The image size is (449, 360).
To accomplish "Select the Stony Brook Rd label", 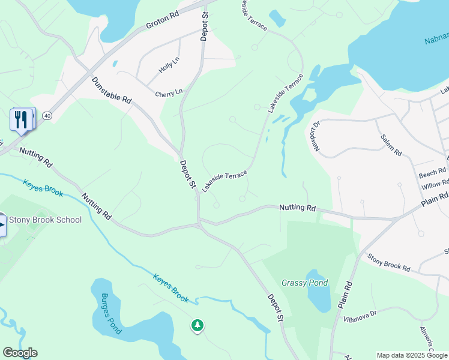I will tap(388, 262).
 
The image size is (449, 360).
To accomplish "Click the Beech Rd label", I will tap(432, 172).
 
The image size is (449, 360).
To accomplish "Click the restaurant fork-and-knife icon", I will tap(21, 119).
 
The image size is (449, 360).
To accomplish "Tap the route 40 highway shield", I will tap(47, 115).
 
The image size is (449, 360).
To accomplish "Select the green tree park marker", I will tap(197, 325).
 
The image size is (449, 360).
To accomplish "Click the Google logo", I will tap(20, 353).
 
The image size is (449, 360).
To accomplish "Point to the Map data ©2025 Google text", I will tap(412, 355).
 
